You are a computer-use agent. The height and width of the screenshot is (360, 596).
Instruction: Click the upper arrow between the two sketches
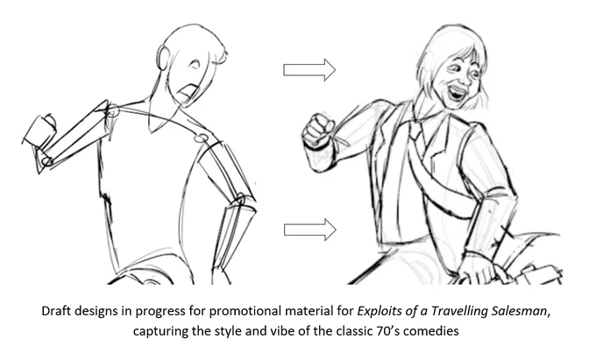309,70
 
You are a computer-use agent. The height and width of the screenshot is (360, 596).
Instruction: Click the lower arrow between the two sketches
309,229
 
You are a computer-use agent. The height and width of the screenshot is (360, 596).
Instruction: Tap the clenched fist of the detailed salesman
319,131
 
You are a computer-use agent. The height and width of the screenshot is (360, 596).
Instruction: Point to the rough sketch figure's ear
163,57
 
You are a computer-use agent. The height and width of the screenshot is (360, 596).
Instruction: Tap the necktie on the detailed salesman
415,131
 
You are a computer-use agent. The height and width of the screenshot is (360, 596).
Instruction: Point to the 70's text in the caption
387,331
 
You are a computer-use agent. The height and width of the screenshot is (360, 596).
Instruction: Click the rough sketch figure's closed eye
195,65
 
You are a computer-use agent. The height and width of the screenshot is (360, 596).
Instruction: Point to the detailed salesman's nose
463,78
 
